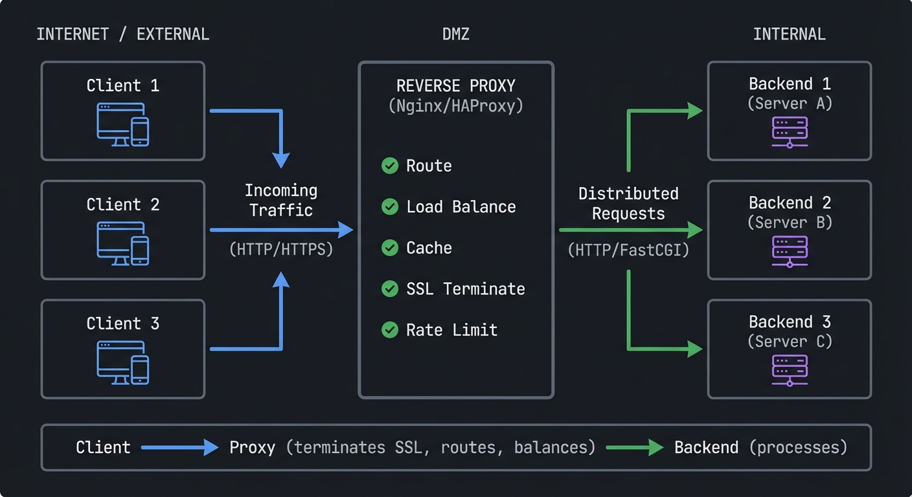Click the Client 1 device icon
click(122, 124)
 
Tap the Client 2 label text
click(122, 204)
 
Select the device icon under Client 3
click(122, 362)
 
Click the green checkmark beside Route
click(389, 166)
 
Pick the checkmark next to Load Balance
click(389, 206)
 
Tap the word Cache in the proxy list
click(429, 248)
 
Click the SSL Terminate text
click(465, 289)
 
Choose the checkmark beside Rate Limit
click(389, 330)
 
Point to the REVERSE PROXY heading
click(455, 85)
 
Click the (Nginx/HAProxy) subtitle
click(455, 105)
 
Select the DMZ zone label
click(455, 34)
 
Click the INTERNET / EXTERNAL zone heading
click(122, 34)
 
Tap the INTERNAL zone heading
click(789, 34)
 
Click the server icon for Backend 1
click(790, 132)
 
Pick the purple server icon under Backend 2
click(790, 251)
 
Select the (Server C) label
click(790, 341)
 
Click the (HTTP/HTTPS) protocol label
click(281, 249)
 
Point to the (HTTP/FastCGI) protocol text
click(628, 250)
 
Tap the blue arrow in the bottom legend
click(179, 447)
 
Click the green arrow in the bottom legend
click(635, 447)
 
